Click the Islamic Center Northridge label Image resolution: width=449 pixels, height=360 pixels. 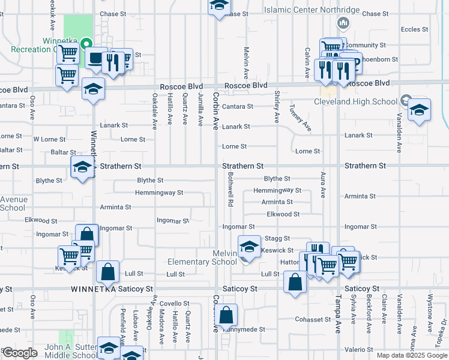(312, 11)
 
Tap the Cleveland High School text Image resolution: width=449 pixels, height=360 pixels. (356, 101)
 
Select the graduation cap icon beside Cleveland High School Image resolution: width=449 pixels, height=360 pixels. (419, 111)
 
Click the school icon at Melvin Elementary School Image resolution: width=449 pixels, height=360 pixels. (249, 246)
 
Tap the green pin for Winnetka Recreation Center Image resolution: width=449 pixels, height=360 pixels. (86, 44)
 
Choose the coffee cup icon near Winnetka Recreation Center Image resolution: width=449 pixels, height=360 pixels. (96, 59)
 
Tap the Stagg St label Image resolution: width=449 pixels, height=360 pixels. (278, 239)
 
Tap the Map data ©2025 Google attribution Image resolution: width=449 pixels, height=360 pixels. (411, 355)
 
